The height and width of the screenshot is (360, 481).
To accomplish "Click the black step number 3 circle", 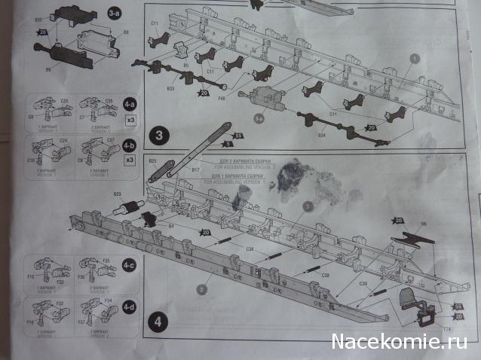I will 160,136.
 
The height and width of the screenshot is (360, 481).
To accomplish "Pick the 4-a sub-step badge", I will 130,105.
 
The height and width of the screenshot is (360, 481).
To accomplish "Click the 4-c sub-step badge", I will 130,265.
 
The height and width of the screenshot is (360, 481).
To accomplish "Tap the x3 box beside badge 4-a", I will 130,120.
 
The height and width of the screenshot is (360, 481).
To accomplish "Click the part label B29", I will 118,194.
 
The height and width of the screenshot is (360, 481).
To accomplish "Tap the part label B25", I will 152,160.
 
